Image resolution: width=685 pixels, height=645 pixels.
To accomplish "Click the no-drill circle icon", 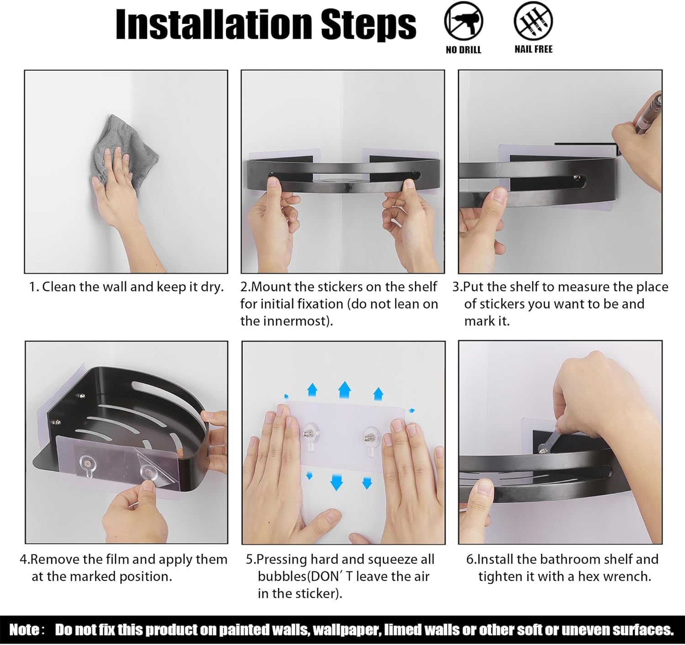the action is pyautogui.click(x=464, y=21).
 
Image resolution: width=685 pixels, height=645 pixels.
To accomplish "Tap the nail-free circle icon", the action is pyautogui.click(x=533, y=21).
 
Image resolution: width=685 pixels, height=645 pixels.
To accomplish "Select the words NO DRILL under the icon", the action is pyautogui.click(x=463, y=50).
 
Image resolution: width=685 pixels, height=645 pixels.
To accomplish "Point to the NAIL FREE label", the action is pyautogui.click(x=533, y=49).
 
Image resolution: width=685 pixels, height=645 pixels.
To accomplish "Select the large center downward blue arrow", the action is pyautogui.click(x=336, y=482).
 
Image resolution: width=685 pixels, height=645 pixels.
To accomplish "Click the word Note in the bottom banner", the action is pyautogui.click(x=23, y=629).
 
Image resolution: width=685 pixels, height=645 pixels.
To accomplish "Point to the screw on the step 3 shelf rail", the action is pyautogui.click(x=575, y=178).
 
